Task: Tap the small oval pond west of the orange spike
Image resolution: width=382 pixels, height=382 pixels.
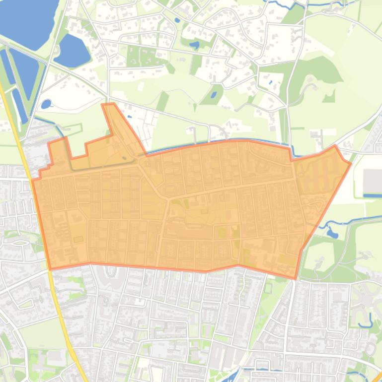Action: pos(46,104)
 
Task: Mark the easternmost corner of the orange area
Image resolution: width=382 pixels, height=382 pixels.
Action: pos(351,162)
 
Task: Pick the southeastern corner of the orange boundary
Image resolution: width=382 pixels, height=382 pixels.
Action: pos(296,278)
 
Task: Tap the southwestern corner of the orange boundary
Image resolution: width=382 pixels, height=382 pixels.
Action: pos(50,269)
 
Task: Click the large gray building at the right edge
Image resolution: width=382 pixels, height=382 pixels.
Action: pos(373,181)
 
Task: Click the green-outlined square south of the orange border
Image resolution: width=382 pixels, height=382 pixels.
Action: pos(269,286)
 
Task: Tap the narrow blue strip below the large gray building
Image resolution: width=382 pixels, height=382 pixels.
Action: pos(373,196)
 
